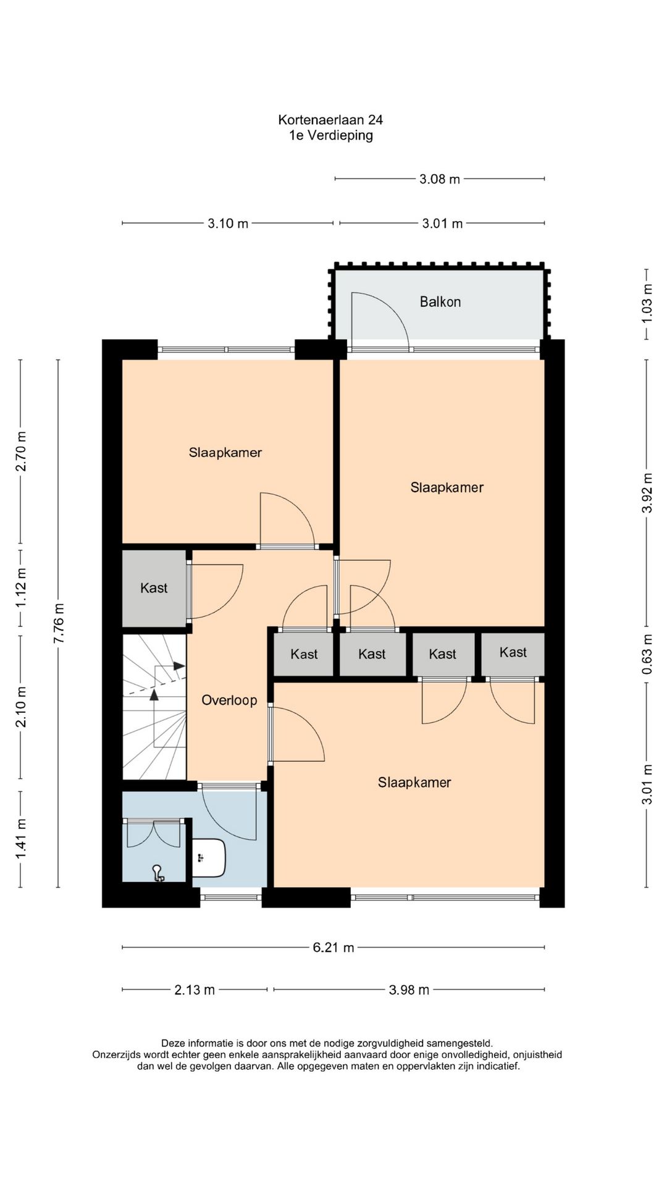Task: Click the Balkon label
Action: click(440, 301)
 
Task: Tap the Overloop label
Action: click(229, 700)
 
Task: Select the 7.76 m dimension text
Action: click(59, 623)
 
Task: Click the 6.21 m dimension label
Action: click(333, 947)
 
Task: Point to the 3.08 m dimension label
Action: click(440, 179)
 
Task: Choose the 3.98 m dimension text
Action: click(409, 990)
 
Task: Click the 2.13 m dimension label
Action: click(195, 990)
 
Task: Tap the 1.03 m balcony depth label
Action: click(647, 303)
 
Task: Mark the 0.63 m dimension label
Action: click(647, 654)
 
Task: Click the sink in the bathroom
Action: click(209, 857)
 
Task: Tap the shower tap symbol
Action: click(158, 873)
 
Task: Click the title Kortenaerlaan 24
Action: click(330, 120)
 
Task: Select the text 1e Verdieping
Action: click(331, 135)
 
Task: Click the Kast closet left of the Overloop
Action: click(154, 588)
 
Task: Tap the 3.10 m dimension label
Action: click(228, 223)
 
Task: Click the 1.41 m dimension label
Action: click(20, 838)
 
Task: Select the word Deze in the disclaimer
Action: click(173, 1043)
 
